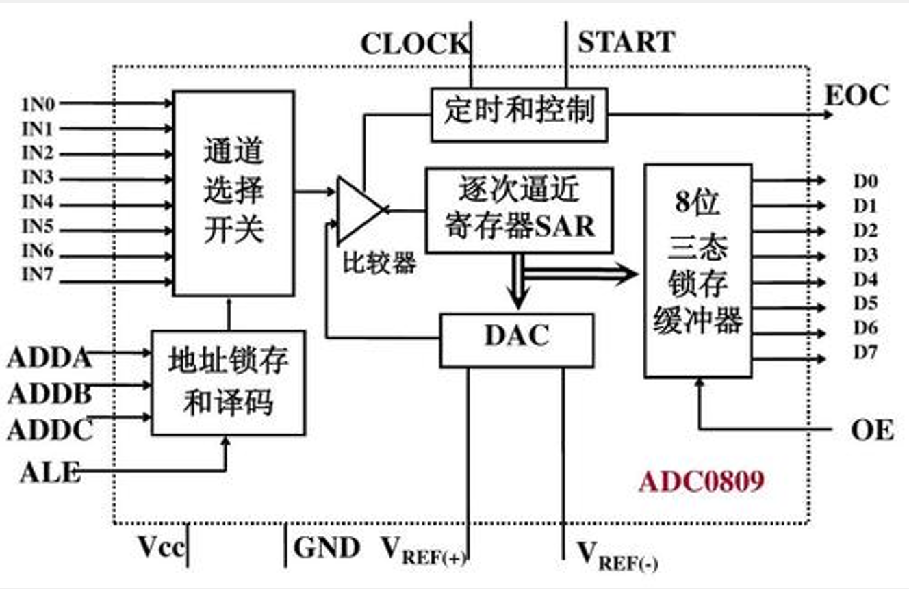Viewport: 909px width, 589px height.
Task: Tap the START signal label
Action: pyautogui.click(x=626, y=42)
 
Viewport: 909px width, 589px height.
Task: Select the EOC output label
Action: pyautogui.click(x=856, y=95)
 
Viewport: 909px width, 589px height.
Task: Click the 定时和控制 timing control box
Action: pyautogui.click(x=519, y=114)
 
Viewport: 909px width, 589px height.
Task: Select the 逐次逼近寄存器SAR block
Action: pyautogui.click(x=519, y=209)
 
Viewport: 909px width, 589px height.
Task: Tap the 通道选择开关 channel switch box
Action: pyautogui.click(x=233, y=193)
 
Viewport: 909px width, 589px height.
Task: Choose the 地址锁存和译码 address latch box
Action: pyautogui.click(x=228, y=382)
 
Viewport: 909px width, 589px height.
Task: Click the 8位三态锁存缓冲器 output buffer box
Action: pyautogui.click(x=697, y=270)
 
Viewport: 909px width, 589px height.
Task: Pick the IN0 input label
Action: pyautogui.click(x=38, y=104)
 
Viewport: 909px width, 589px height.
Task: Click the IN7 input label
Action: pyautogui.click(x=38, y=275)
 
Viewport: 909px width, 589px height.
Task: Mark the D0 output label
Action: pyautogui.click(x=865, y=182)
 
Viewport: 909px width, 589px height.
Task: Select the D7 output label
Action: pyautogui.click(x=865, y=353)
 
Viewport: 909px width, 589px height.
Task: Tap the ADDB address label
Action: pyautogui.click(x=49, y=394)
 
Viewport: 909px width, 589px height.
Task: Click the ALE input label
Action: pyautogui.click(x=49, y=472)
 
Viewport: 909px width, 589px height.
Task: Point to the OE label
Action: pyautogui.click(x=872, y=430)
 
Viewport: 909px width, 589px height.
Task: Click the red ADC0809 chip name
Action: pyautogui.click(x=701, y=482)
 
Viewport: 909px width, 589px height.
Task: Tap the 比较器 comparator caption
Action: pyautogui.click(x=379, y=263)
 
